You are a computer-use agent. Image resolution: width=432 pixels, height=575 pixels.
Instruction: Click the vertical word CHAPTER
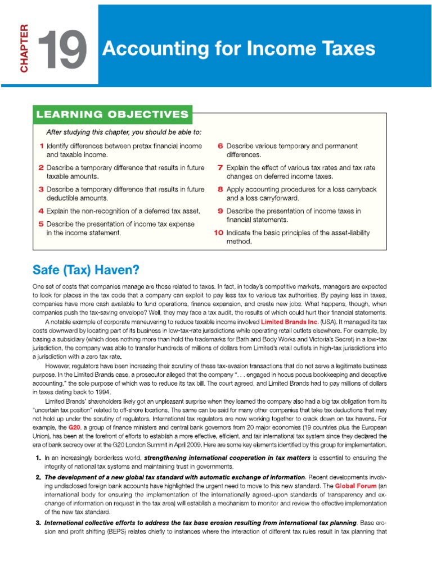coord(24,49)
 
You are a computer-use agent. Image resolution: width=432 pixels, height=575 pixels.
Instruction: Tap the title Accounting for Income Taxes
coord(238,49)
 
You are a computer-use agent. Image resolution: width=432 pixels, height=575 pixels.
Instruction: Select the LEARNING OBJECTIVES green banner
coord(112,115)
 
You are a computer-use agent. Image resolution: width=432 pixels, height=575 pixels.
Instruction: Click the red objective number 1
coord(42,146)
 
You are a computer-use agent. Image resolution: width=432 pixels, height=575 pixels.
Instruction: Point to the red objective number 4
coord(41,211)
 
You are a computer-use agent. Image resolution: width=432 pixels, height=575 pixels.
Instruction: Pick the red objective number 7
coord(220,167)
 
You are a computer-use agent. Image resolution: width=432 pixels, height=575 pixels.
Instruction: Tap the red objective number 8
coord(220,189)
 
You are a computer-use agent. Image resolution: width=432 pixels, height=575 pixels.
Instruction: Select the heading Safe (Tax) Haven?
coord(85,270)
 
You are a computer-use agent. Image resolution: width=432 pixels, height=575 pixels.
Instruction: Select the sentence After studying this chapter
coord(123,133)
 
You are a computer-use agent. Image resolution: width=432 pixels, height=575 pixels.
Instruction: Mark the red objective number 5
coord(41,223)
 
